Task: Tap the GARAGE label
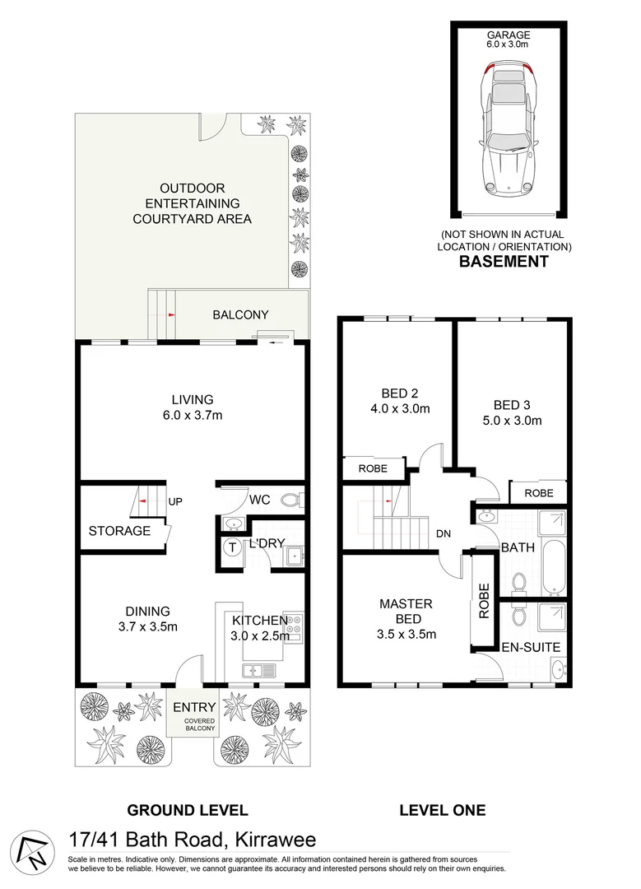pos(508,35)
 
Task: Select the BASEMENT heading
pos(503,262)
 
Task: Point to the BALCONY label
pos(240,314)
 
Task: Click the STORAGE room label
pos(119,531)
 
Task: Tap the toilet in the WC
pos(290,499)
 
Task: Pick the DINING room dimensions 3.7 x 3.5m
pos(147,626)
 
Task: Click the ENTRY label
pos(194,707)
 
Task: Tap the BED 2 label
pos(397,393)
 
